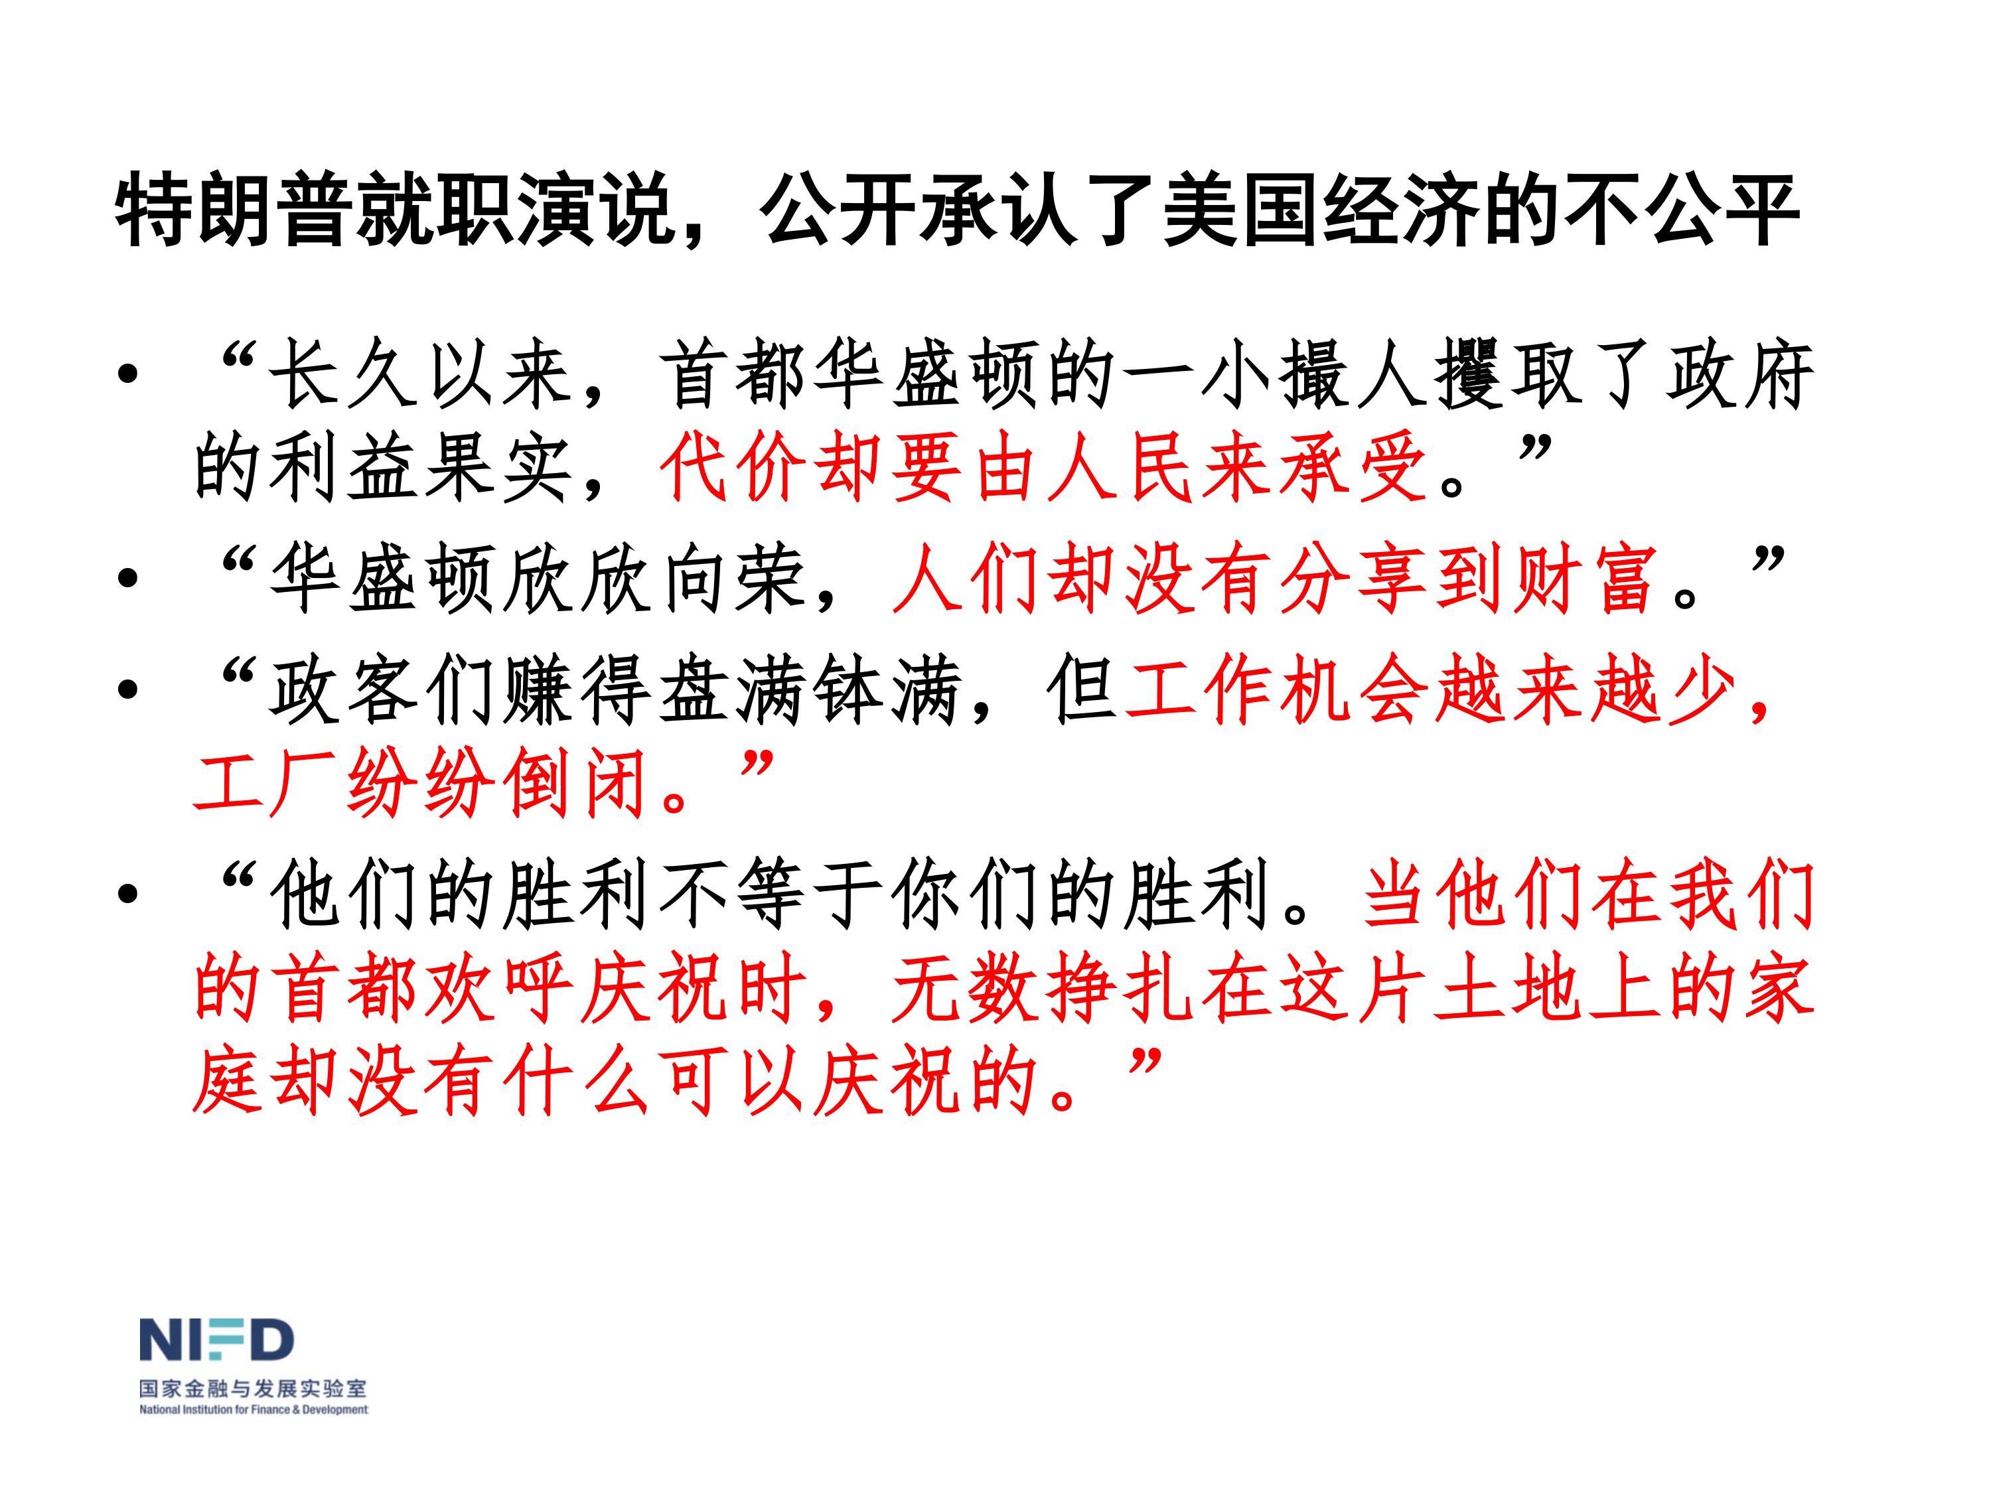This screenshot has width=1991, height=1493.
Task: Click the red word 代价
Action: pos(733,468)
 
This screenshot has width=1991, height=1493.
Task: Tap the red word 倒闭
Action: pos(577,783)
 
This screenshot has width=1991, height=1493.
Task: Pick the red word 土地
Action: pos(1504,987)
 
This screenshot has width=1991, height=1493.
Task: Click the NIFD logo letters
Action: pos(216,1340)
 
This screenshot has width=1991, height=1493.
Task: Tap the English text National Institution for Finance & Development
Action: pos(253,1410)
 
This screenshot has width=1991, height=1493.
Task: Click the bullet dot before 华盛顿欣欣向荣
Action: pos(128,579)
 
